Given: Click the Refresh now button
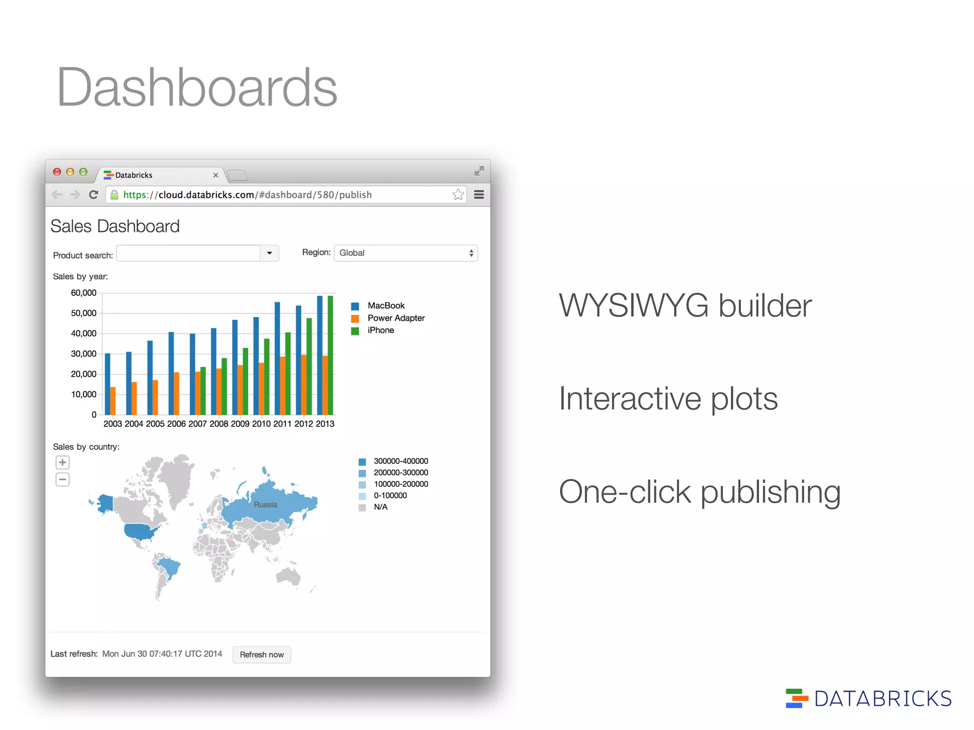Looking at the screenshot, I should [262, 654].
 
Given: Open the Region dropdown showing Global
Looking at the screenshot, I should [406, 253].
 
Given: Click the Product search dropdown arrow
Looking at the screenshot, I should [269, 253].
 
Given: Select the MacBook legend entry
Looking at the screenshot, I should [385, 306].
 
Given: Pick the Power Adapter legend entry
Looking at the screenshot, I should [395, 318].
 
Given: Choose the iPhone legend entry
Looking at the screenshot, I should [380, 330].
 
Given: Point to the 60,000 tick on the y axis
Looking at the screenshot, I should [84, 293].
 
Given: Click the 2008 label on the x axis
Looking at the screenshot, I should [219, 423].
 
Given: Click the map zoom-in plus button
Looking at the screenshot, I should [62, 462].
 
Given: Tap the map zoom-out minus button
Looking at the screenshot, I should [62, 479].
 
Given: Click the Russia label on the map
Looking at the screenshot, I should [265, 505].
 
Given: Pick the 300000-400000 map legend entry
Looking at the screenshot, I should [400, 461].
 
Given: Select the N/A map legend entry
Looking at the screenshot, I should [380, 507].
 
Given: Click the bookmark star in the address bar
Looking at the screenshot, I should [458, 194].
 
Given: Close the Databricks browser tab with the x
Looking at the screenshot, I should [215, 175].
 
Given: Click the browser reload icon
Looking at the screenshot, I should [94, 194].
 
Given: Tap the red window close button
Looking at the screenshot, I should [57, 172].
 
